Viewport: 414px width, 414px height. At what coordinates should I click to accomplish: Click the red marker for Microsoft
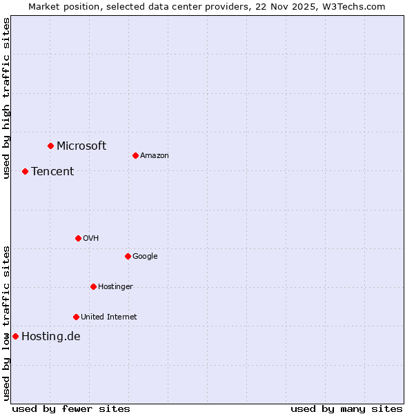click(x=50, y=146)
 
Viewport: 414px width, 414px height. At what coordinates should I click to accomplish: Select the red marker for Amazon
click(x=135, y=155)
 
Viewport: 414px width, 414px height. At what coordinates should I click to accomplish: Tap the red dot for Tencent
click(x=25, y=171)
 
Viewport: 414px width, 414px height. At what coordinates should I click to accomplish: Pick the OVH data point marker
click(x=78, y=238)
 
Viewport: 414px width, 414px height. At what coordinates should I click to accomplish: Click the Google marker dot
click(x=128, y=256)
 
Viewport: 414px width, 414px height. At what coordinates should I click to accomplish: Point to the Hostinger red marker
click(x=93, y=286)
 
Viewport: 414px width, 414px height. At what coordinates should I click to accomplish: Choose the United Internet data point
click(x=76, y=317)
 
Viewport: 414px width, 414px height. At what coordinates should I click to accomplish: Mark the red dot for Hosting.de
click(x=15, y=336)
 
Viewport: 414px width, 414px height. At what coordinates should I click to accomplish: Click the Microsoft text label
click(x=81, y=146)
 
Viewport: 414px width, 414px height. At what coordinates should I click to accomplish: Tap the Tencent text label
click(x=52, y=171)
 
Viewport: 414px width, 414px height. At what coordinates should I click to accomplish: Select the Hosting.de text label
click(x=50, y=337)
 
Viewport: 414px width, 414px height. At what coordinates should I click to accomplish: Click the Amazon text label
click(x=154, y=155)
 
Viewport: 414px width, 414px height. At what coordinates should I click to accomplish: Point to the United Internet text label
click(x=108, y=317)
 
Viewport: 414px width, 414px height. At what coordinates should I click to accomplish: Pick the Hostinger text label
click(x=115, y=286)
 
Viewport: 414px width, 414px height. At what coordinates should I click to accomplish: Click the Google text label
click(x=145, y=256)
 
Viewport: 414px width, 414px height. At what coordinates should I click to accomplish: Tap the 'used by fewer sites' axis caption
click(x=71, y=408)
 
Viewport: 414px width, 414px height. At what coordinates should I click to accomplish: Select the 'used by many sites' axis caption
click(x=346, y=408)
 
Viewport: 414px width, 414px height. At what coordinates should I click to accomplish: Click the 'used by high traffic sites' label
click(x=6, y=98)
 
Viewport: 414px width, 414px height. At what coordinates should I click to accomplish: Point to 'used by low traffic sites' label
click(x=6, y=322)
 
